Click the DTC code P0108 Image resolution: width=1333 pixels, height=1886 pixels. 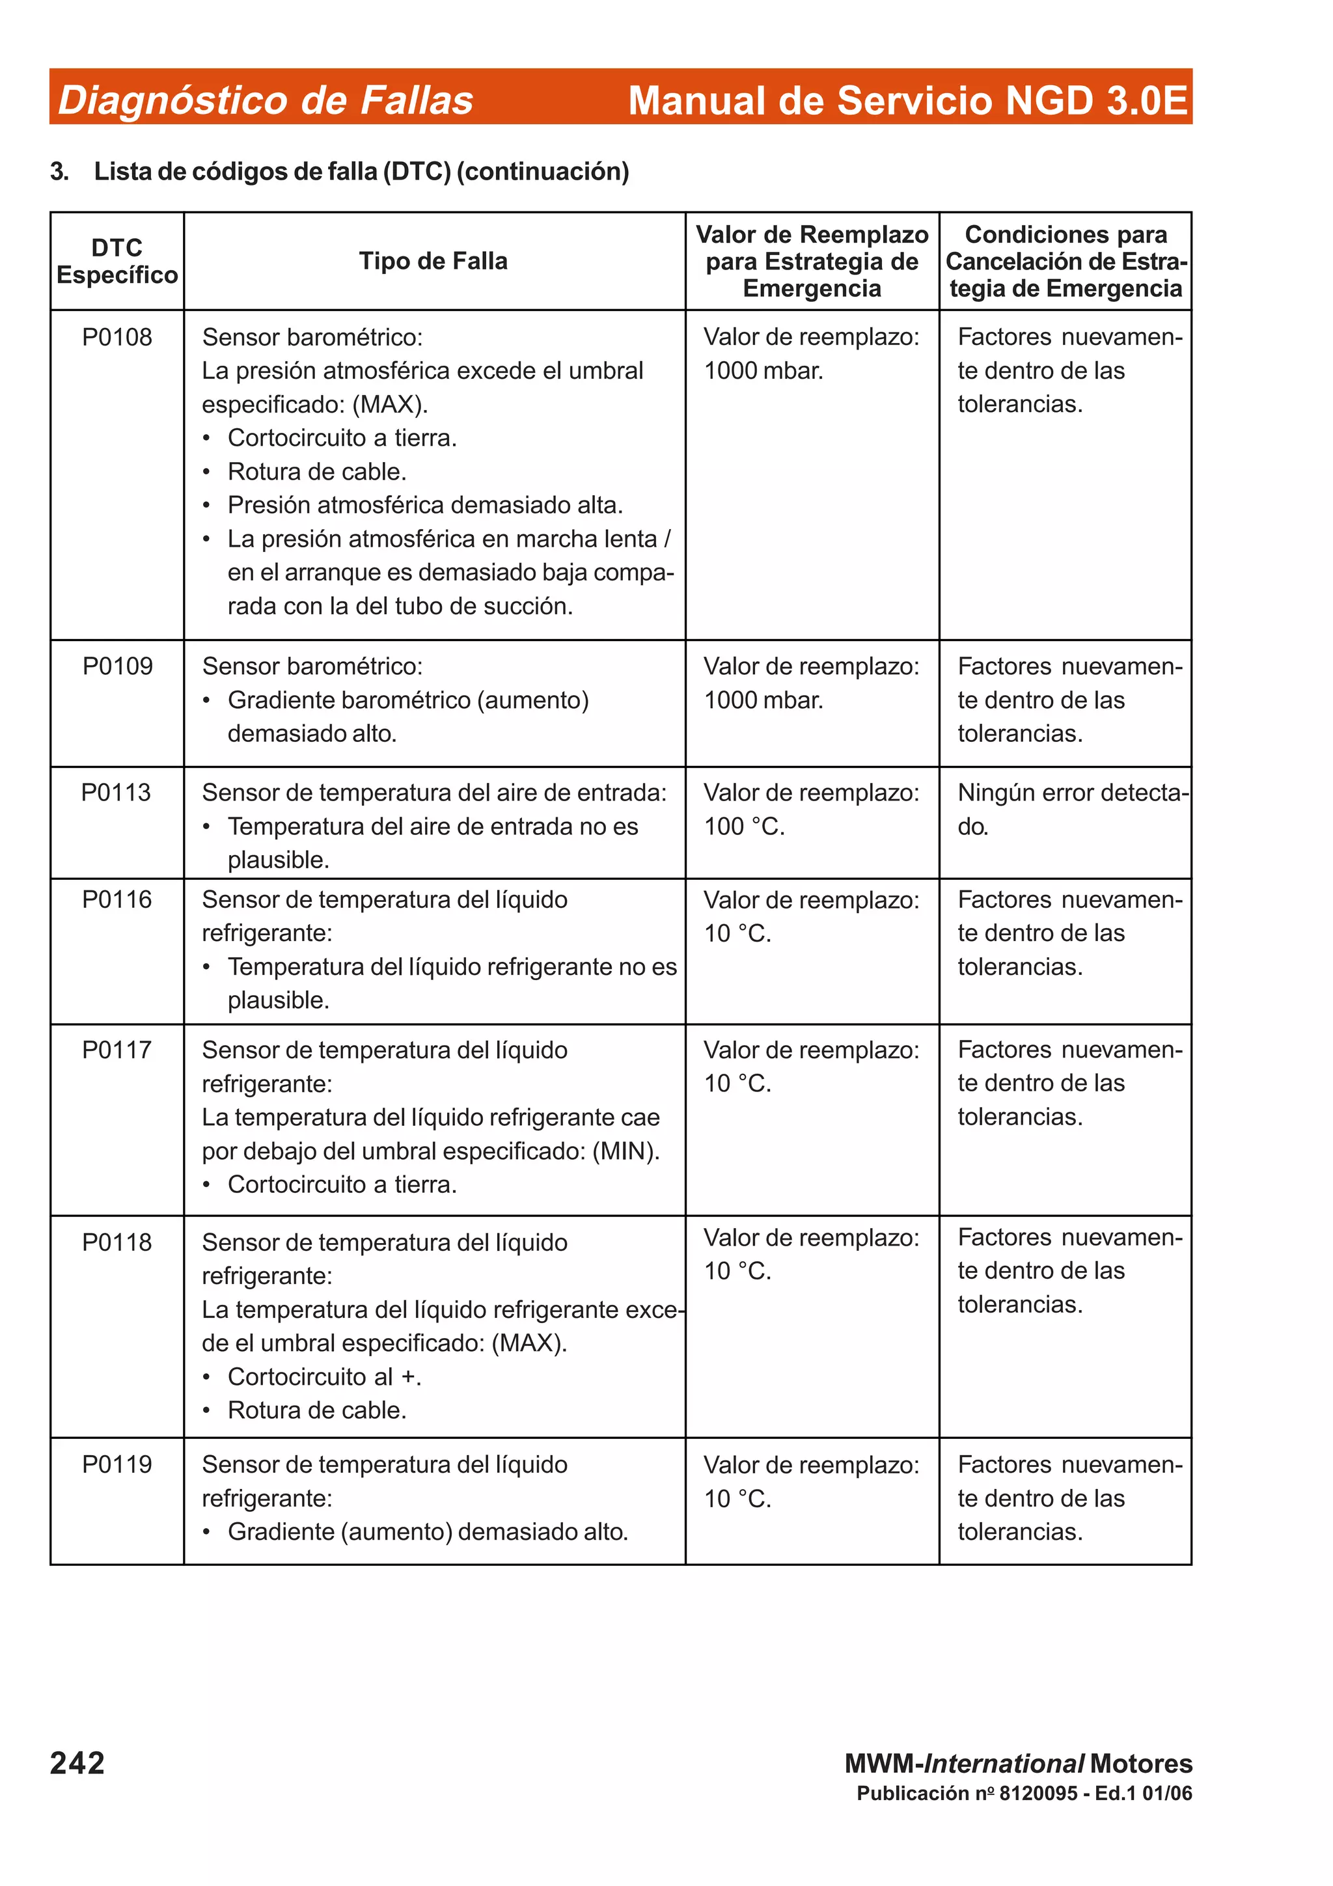117,337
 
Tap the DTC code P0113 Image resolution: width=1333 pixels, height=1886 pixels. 116,792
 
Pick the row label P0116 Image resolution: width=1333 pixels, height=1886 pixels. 117,899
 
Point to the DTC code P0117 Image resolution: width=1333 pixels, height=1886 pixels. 117,1049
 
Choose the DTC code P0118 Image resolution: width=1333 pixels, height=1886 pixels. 117,1241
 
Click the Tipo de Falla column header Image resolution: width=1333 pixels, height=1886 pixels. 433,261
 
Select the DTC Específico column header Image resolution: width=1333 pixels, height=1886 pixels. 117,261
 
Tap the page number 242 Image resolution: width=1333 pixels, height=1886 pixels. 77,1763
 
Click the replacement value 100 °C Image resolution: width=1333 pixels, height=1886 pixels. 744,827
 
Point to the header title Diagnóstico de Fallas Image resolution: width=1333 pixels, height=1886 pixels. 266,100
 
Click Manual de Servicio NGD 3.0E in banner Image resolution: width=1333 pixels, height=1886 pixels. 907,100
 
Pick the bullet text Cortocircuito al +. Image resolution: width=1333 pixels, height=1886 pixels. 324,1376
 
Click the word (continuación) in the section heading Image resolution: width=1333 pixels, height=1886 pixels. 542,171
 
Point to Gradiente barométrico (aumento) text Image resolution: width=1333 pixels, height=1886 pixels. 408,700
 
